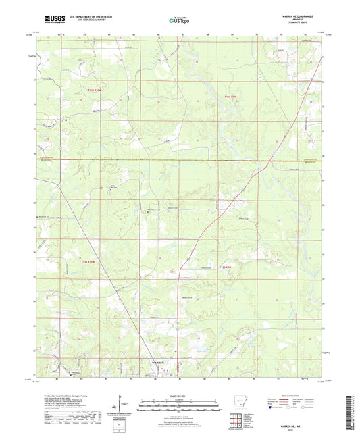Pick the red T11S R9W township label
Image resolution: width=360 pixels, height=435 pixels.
[231, 97]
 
